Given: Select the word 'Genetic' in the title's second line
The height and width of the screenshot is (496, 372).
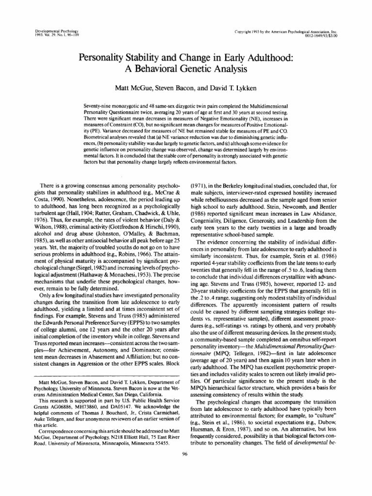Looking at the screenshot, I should pos(197,68).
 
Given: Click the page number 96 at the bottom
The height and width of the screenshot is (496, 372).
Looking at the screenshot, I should pos(186,481).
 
